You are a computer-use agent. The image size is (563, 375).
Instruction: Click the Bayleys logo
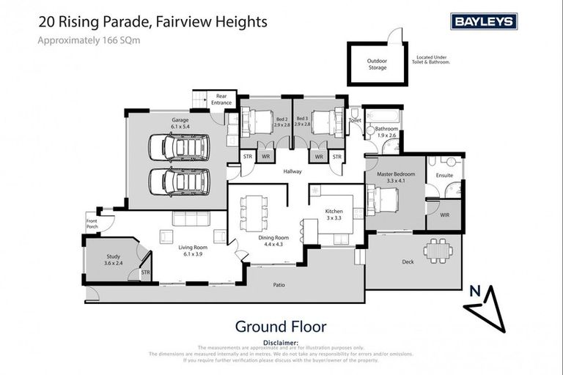tap(484, 21)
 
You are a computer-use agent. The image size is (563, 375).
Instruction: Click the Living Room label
tap(194, 251)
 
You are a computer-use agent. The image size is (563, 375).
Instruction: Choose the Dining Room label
tap(273, 242)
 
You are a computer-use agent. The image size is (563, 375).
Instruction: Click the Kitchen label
tap(334, 214)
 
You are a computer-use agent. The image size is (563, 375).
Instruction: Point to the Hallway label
tap(292, 171)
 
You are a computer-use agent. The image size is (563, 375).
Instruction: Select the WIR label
tap(445, 214)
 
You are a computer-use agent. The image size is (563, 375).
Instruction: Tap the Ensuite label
tap(444, 176)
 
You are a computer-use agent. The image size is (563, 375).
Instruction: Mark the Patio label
tap(279, 285)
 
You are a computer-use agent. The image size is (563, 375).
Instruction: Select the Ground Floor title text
tap(280, 327)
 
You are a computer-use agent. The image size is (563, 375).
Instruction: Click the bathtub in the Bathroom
tap(381, 116)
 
